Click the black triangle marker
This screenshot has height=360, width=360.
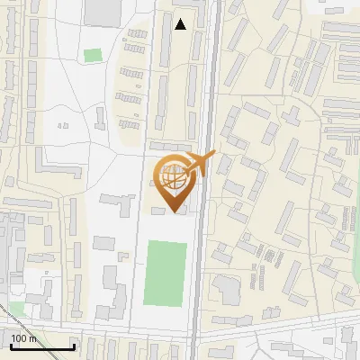[181, 24]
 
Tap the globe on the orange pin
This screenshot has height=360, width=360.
[175, 177]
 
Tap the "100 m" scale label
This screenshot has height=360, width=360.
[24, 338]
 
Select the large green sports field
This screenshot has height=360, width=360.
[166, 273]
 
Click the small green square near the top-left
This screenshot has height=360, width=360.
[93, 56]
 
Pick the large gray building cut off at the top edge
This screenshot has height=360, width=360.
[103, 12]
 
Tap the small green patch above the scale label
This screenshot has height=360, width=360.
[17, 310]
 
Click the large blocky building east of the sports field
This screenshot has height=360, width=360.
[227, 289]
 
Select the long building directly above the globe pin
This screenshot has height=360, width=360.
[171, 147]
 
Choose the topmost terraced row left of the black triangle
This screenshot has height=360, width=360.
[137, 33]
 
